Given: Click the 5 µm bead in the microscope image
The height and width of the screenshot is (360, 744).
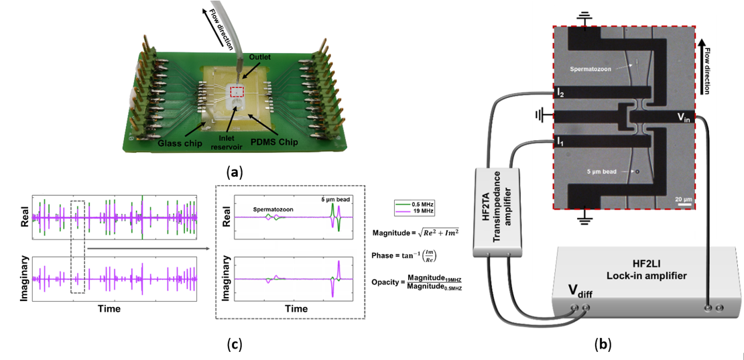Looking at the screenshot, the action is point(637,172).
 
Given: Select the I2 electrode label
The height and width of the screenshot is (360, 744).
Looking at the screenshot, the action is point(560,93).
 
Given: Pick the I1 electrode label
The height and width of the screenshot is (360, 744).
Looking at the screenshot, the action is point(559,141).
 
